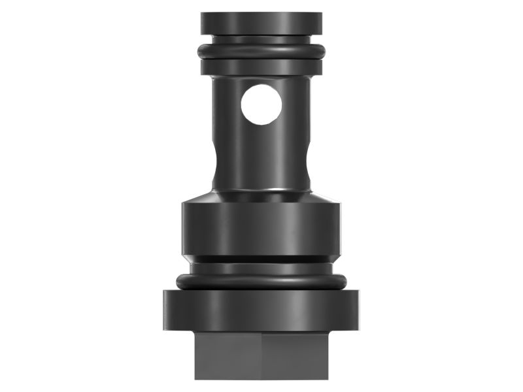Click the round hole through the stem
click(261, 105)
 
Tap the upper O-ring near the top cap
click(261, 51)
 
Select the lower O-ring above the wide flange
click(261, 282)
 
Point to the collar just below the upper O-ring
click(261, 67)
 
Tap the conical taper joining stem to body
click(261, 195)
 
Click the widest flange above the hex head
click(261, 310)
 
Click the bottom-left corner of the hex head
click(195, 378)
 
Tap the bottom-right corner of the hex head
click(328, 378)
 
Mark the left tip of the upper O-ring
click(200, 51)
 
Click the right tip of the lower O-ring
click(345, 282)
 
